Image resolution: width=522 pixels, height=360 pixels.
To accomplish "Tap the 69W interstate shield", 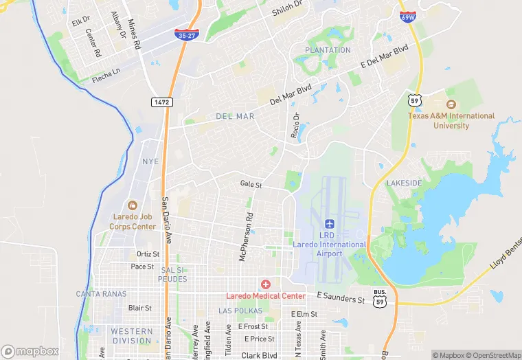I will tap(408, 16).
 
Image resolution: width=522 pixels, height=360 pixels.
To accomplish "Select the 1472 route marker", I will tap(161, 102).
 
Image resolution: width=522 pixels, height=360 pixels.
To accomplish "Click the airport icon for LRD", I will tap(329, 225).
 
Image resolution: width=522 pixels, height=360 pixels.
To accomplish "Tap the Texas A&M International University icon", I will tap(451, 104).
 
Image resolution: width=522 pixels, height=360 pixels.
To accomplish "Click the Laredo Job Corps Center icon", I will tap(133, 205).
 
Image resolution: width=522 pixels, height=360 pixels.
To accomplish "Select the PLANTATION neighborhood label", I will tap(328, 50).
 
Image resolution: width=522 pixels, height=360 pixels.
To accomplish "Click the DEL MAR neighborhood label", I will tap(235, 117).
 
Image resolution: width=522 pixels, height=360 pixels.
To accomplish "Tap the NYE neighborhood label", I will tap(150, 161).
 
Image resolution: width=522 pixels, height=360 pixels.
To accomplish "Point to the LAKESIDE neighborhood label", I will tap(404, 183).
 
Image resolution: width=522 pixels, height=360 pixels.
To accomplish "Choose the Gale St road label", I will tap(251, 185).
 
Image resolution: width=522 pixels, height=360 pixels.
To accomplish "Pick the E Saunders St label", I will tap(341, 300).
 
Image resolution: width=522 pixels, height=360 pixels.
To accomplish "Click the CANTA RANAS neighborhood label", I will tap(101, 294).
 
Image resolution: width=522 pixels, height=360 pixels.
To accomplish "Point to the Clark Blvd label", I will tap(259, 355).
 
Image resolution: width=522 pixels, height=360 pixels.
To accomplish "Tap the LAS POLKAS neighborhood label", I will tap(240, 311).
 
